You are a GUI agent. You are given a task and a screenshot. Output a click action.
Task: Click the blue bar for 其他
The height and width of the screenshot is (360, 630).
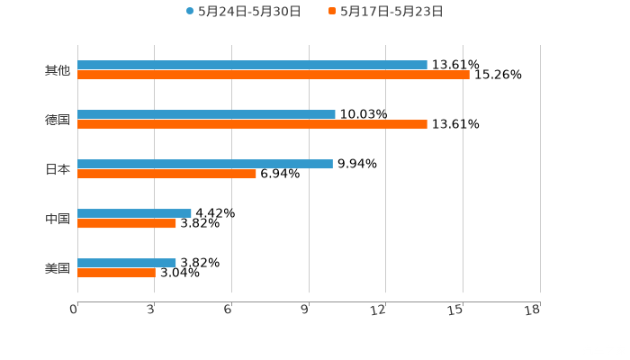(252, 65)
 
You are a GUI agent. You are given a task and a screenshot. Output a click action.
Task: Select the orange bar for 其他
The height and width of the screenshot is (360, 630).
(274, 75)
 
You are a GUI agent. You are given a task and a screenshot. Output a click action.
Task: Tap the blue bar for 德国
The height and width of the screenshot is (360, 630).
(206, 115)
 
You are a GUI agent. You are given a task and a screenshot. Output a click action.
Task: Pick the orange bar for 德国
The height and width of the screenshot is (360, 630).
(252, 124)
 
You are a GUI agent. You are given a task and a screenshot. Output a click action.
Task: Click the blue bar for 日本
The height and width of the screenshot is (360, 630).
(205, 165)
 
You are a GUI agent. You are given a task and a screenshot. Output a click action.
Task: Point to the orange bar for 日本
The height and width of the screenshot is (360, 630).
(166, 174)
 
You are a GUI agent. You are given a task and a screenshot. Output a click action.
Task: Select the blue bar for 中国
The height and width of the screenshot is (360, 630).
(134, 214)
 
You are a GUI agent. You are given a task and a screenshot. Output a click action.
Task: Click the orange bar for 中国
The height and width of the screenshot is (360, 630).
(127, 223)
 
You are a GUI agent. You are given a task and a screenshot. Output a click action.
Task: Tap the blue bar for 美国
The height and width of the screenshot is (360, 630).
(127, 263)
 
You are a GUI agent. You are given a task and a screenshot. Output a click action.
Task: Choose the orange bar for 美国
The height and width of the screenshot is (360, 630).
(116, 273)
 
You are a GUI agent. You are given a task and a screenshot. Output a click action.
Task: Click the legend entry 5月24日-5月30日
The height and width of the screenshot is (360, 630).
(243, 12)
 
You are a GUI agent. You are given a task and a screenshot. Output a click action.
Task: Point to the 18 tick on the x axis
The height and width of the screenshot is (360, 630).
(533, 310)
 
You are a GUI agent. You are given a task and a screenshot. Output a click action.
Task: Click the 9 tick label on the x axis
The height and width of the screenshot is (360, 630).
(305, 310)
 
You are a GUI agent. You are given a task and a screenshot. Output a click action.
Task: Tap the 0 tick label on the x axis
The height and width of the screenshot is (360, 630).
(74, 310)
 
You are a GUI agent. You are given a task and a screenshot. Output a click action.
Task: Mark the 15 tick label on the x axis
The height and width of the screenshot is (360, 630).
(456, 310)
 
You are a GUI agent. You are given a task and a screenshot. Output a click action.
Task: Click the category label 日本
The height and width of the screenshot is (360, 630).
(58, 169)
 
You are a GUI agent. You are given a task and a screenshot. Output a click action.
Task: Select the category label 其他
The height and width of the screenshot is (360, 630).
(58, 70)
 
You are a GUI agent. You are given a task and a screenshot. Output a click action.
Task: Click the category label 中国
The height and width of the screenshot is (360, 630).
(58, 219)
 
